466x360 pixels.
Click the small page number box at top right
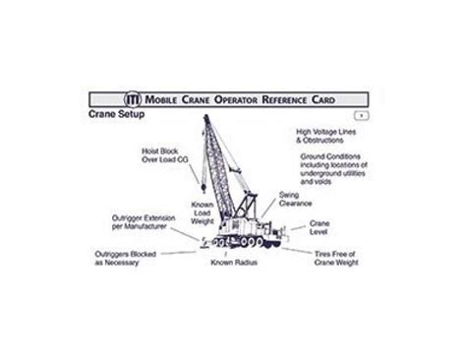(363, 115)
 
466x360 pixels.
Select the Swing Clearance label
(295, 199)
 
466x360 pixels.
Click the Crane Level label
(320, 227)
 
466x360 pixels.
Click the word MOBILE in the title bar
(166, 100)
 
